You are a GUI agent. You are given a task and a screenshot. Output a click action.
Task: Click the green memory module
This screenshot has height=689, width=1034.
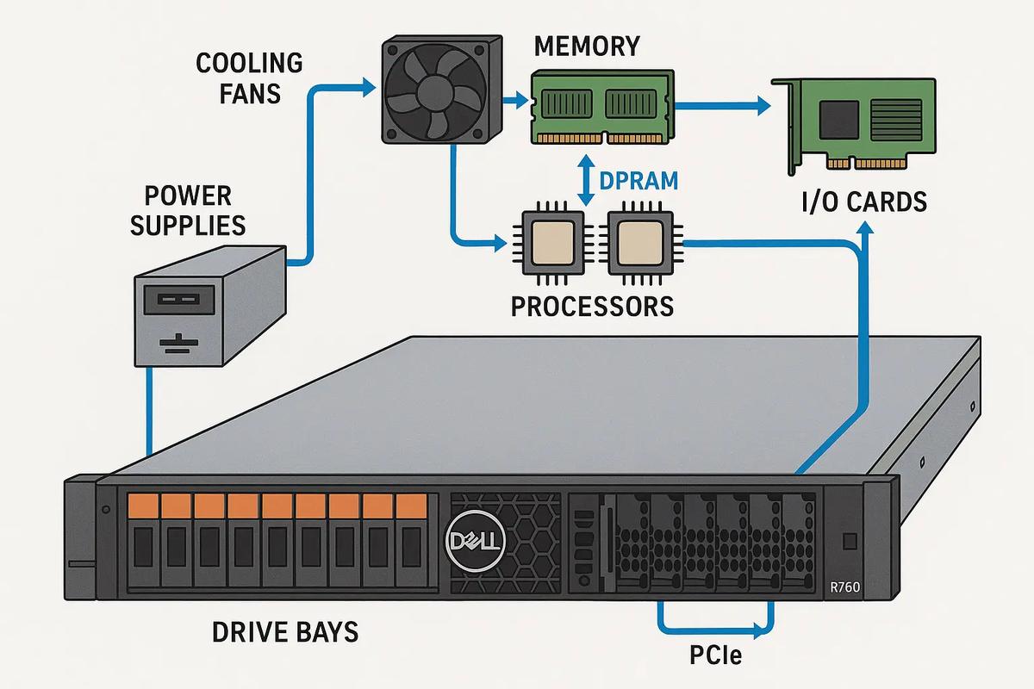tap(601, 108)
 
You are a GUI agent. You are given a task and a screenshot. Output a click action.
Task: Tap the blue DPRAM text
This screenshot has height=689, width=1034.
tap(638, 181)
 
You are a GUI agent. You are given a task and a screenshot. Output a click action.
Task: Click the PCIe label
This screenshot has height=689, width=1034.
tap(716, 657)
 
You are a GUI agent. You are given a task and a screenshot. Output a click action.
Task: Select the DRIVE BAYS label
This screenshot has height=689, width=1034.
tap(285, 632)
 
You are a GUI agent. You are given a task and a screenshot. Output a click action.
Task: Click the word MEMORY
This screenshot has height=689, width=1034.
tap(588, 46)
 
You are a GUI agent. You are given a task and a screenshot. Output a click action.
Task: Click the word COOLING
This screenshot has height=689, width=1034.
tap(250, 63)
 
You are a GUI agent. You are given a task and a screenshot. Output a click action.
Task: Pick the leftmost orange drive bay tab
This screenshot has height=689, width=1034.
tap(141, 506)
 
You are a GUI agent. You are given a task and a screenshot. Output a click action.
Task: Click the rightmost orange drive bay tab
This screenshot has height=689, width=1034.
tap(408, 506)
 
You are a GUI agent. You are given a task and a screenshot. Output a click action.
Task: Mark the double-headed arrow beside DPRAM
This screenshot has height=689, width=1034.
tap(588, 181)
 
